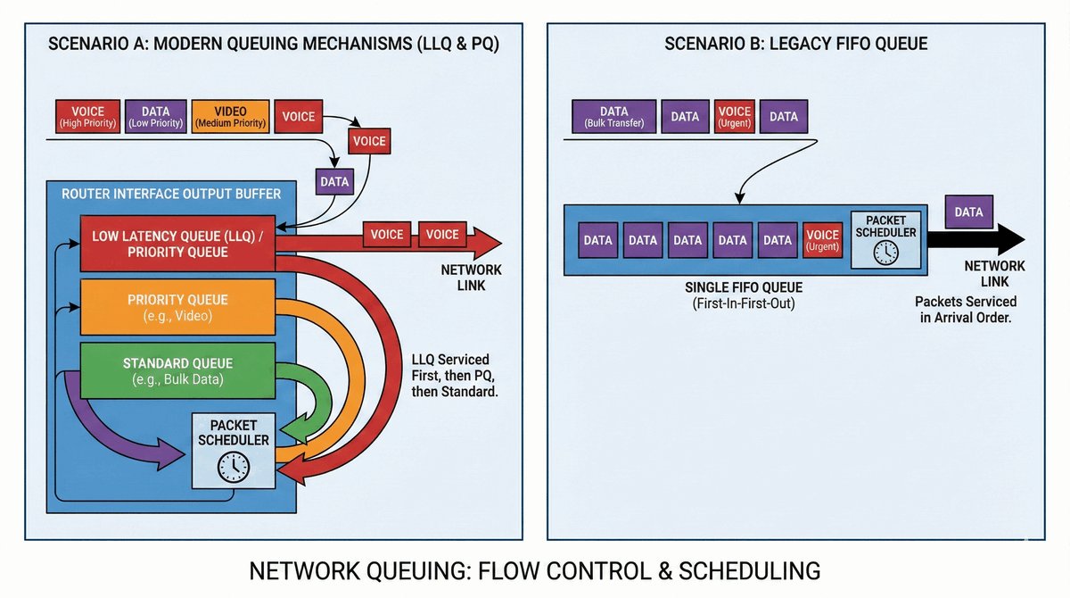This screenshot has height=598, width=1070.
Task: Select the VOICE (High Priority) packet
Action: tap(87, 117)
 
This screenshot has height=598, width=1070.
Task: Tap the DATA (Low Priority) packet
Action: tap(153, 117)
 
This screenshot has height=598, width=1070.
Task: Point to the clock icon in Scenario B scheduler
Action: tap(885, 253)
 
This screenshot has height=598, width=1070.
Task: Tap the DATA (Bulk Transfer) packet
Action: tap(613, 117)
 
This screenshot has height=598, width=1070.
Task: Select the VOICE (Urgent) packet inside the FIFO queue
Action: tap(822, 240)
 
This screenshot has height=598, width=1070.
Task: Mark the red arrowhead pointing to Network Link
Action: tap(486, 242)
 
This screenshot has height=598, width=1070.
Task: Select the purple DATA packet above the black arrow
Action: tap(968, 212)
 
